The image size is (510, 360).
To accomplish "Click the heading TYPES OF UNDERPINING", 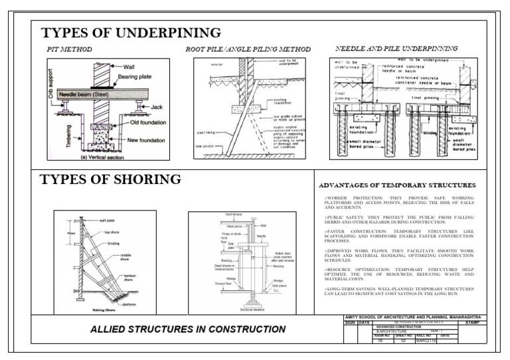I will pyautogui.click(x=130, y=33).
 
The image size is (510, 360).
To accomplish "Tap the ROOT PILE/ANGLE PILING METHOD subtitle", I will pyautogui.click(x=248, y=50).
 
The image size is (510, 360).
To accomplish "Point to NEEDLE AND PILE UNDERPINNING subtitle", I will pyautogui.click(x=396, y=49).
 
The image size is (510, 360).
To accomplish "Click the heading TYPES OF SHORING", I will pyautogui.click(x=110, y=180).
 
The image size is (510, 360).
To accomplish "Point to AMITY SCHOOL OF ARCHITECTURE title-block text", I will pyautogui.click(x=412, y=317).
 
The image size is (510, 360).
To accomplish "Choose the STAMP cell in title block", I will pyautogui.click(x=473, y=323).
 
